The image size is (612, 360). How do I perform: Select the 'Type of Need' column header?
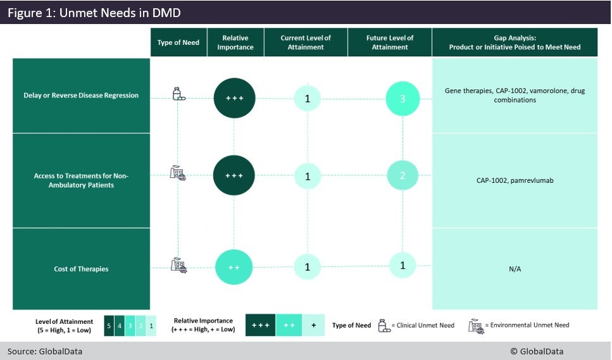(178, 42)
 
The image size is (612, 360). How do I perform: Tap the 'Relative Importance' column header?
(235, 42)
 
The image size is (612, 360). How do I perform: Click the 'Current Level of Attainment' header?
(306, 42)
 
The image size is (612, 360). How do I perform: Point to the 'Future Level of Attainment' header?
(390, 42)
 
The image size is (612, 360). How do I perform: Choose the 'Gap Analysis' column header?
(515, 42)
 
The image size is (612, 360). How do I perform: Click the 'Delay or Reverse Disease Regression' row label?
(81, 96)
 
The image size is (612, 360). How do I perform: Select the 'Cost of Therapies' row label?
(81, 269)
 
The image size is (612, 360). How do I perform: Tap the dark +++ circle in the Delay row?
(234, 98)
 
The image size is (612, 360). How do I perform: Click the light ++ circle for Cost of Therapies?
(234, 268)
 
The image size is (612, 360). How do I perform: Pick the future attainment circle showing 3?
(403, 99)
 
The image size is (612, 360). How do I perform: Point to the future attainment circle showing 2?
(403, 176)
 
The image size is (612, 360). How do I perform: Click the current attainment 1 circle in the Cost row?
(308, 267)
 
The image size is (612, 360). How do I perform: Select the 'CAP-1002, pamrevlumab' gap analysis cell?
(515, 180)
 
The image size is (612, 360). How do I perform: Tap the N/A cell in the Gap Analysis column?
(515, 269)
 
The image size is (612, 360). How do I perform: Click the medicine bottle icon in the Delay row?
(178, 94)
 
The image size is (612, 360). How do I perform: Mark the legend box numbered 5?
(108, 325)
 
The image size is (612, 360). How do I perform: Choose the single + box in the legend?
(313, 325)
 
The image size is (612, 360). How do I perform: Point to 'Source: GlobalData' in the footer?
(45, 351)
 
